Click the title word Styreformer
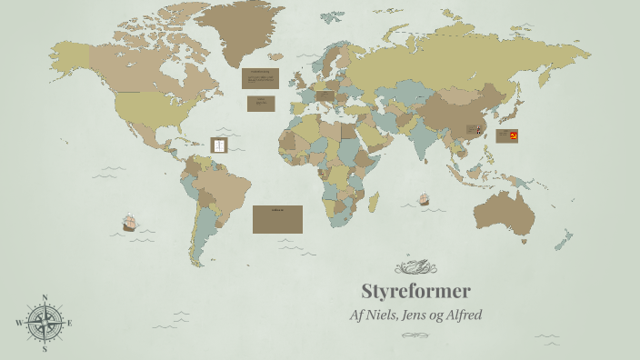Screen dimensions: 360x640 (x=415, y=292)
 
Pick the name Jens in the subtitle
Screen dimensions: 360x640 (x=425, y=315)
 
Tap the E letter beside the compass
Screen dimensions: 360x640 (x=69, y=323)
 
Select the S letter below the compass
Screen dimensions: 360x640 (x=45, y=348)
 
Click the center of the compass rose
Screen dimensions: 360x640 (x=45, y=323)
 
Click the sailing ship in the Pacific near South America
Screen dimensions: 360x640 (x=129, y=222)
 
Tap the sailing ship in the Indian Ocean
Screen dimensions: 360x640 (x=424, y=198)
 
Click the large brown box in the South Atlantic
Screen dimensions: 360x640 (x=277, y=219)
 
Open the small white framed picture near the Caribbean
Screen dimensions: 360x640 (x=218, y=145)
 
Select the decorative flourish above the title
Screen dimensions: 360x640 (x=415, y=266)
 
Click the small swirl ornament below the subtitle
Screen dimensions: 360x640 (x=415, y=335)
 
